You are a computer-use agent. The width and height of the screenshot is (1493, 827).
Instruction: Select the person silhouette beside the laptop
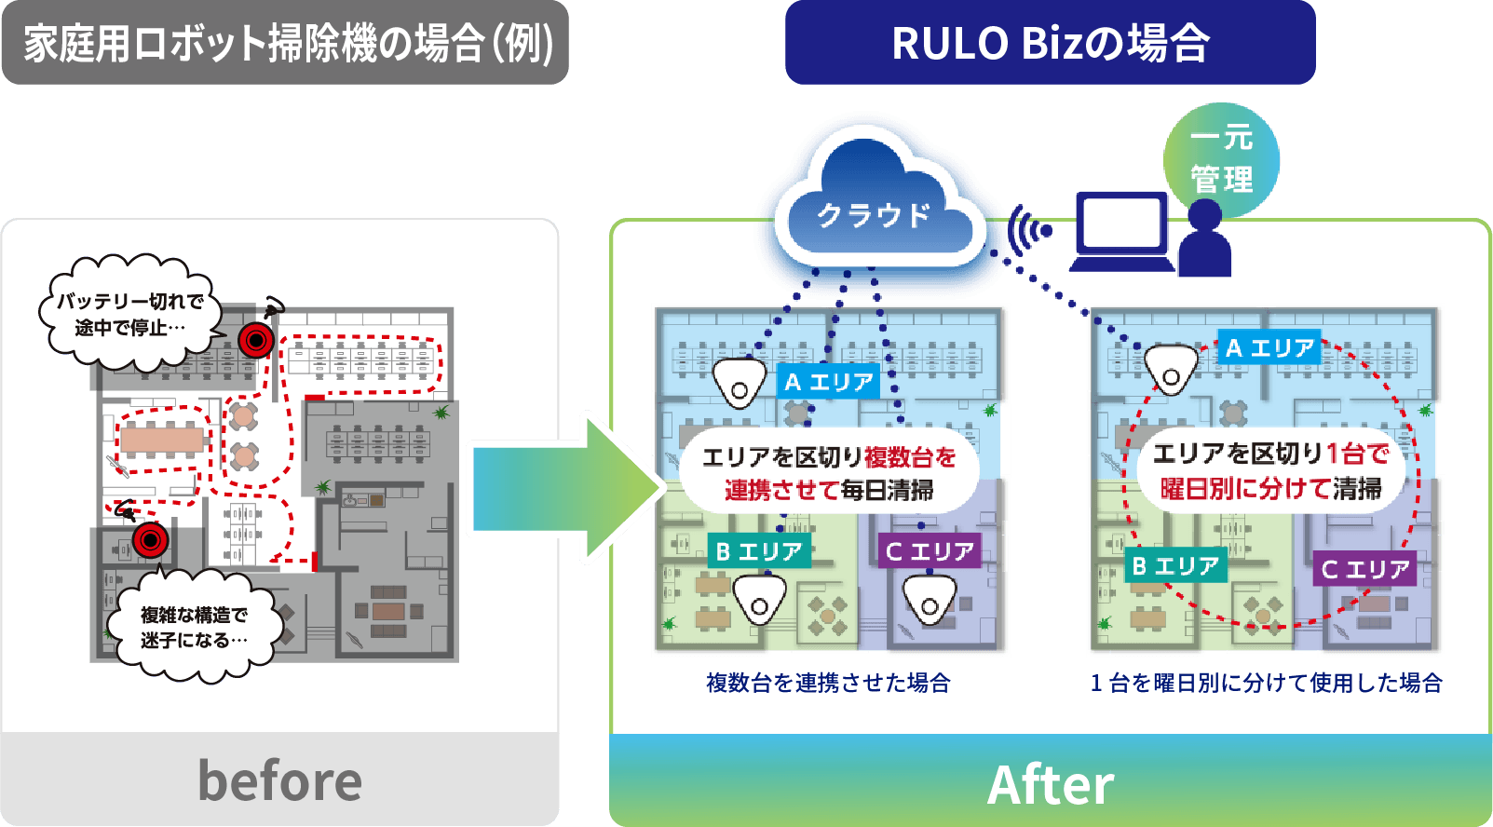(1204, 240)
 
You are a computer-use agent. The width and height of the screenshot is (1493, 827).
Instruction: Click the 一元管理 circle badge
(1221, 158)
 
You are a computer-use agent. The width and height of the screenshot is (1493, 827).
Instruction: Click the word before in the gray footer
(279, 780)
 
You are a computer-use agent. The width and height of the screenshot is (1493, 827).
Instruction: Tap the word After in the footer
(1050, 784)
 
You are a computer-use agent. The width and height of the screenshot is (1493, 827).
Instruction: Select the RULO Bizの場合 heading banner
(1050, 43)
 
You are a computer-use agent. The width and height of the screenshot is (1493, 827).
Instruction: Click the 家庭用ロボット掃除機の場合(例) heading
(286, 44)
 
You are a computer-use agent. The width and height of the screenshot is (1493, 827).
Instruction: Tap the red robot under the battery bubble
(255, 340)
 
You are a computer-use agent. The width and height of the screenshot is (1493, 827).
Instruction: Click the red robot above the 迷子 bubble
(149, 539)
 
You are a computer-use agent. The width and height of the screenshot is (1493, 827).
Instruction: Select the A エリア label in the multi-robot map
(828, 382)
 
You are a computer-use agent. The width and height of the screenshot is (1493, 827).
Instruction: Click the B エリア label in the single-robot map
(1174, 565)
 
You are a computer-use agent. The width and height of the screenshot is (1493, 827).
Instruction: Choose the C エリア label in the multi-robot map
(929, 551)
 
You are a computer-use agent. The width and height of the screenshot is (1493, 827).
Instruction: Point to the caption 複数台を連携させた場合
(828, 683)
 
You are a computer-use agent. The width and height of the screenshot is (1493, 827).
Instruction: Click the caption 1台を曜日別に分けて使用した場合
(1266, 683)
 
